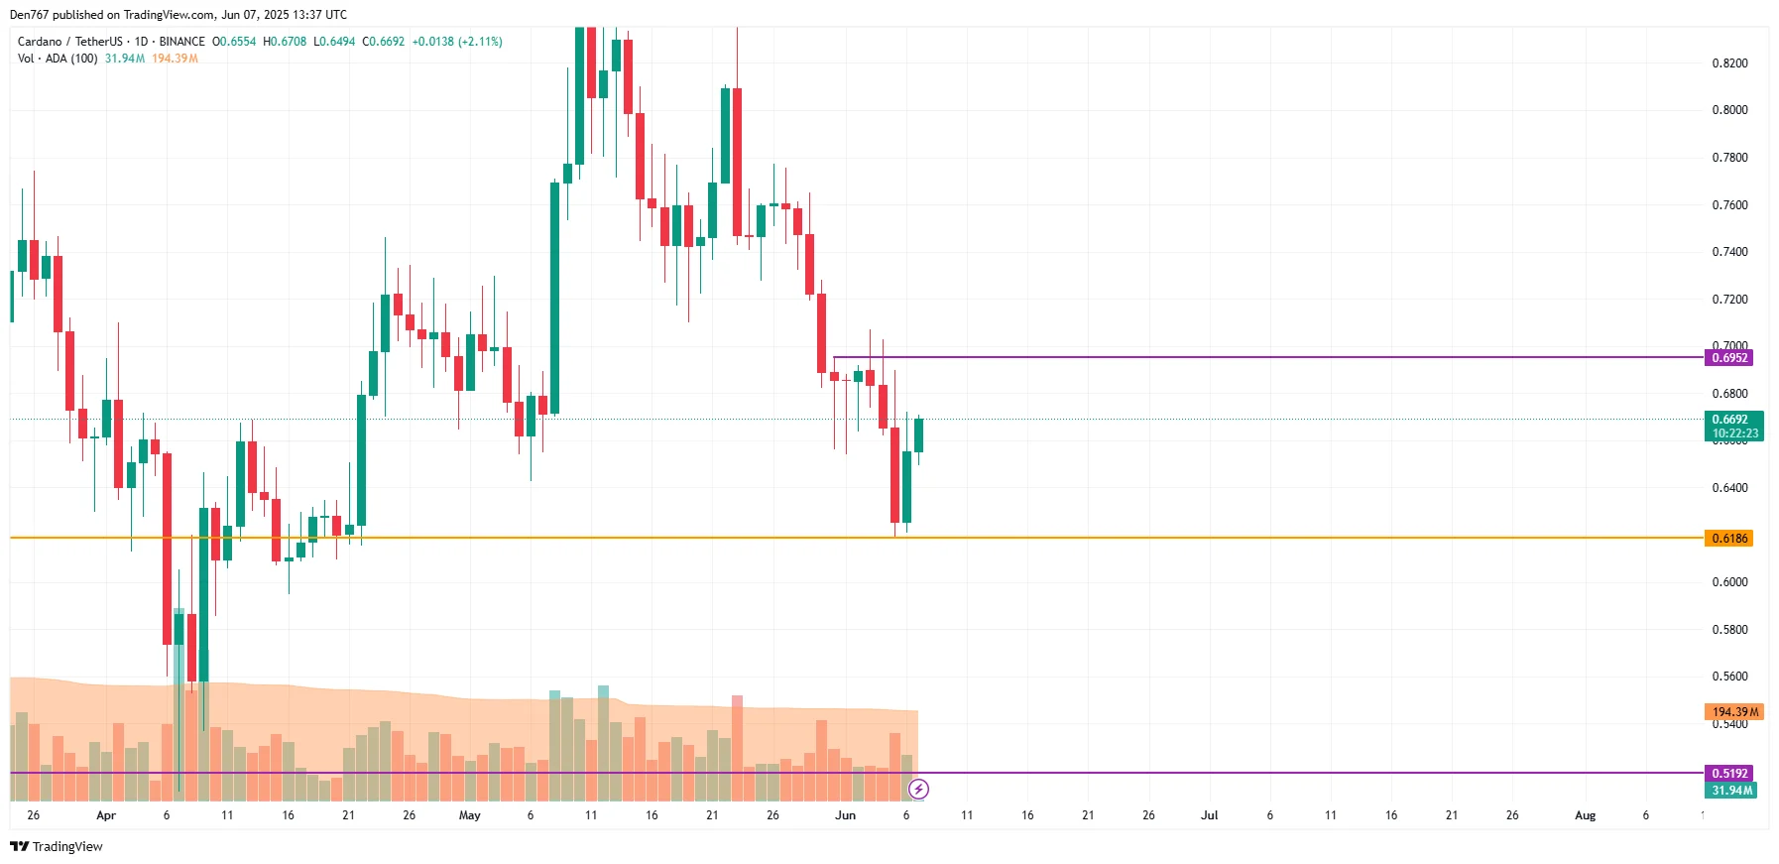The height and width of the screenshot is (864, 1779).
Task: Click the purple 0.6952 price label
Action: [1728, 358]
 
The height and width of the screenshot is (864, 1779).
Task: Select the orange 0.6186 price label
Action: [1728, 539]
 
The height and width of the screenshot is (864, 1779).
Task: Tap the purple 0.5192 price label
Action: [1728, 774]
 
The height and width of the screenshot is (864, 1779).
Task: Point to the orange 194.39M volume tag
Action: [1733, 712]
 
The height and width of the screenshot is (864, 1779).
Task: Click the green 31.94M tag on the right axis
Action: [1731, 791]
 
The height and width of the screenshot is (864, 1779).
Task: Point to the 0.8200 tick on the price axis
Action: [1729, 63]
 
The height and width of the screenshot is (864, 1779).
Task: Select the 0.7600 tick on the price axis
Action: [1729, 205]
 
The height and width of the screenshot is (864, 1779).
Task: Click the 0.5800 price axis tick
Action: [1729, 630]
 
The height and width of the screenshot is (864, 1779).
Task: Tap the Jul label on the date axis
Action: [1209, 815]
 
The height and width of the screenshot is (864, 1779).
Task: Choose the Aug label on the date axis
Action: [1585, 815]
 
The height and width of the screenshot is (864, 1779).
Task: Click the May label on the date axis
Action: [469, 815]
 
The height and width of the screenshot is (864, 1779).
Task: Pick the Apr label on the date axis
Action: [106, 815]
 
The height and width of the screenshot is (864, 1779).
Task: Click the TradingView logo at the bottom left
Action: [57, 846]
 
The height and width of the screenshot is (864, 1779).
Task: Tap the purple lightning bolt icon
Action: [919, 790]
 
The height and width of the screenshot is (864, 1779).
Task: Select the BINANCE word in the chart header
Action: [181, 42]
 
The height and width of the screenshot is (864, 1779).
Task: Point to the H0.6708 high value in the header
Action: [285, 42]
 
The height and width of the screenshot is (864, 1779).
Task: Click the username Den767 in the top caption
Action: [29, 15]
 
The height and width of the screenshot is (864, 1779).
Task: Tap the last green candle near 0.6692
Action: [919, 436]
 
